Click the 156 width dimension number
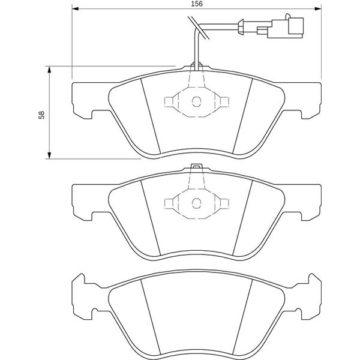197,4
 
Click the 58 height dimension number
41,115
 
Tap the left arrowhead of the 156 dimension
76,9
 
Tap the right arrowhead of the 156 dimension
318,9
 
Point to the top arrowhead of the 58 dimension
49,70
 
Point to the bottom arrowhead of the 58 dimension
49,155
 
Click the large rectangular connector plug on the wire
296,27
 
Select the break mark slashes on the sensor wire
199,28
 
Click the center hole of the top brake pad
197,101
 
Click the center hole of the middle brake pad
197,203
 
